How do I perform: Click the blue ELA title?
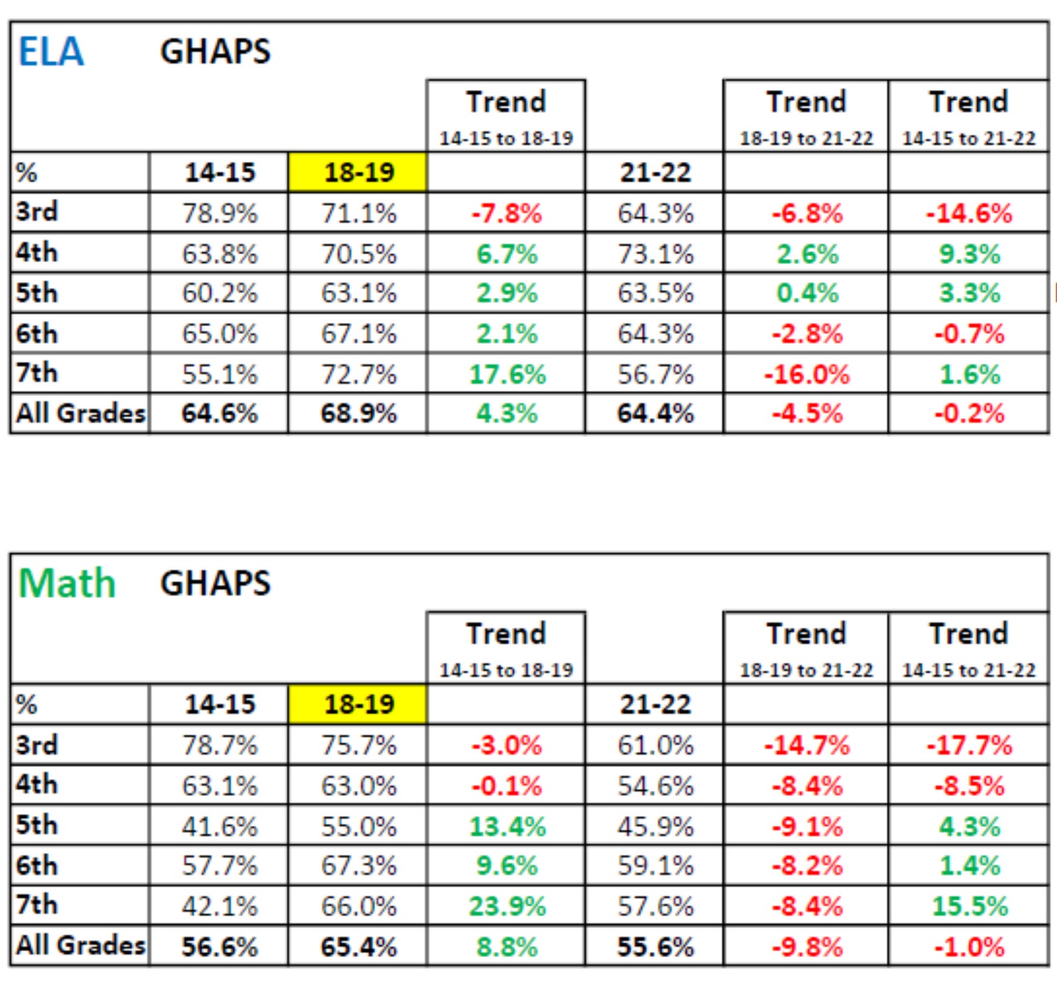pos(51,51)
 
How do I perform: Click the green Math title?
pos(66,583)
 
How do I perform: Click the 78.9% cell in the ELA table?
pos(219,213)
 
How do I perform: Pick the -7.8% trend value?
pos(506,213)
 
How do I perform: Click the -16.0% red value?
pos(806,374)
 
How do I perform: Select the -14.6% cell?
pos(968,213)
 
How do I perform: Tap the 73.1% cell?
pos(655,254)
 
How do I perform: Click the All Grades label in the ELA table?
pos(80,414)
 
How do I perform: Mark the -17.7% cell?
pos(968,745)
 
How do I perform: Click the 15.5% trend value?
pos(969,906)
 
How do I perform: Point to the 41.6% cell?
pos(219,826)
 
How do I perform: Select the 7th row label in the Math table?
pos(36,905)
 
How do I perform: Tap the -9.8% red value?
pos(806,947)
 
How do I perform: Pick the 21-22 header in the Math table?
pos(655,704)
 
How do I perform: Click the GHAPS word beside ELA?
pos(215,51)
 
